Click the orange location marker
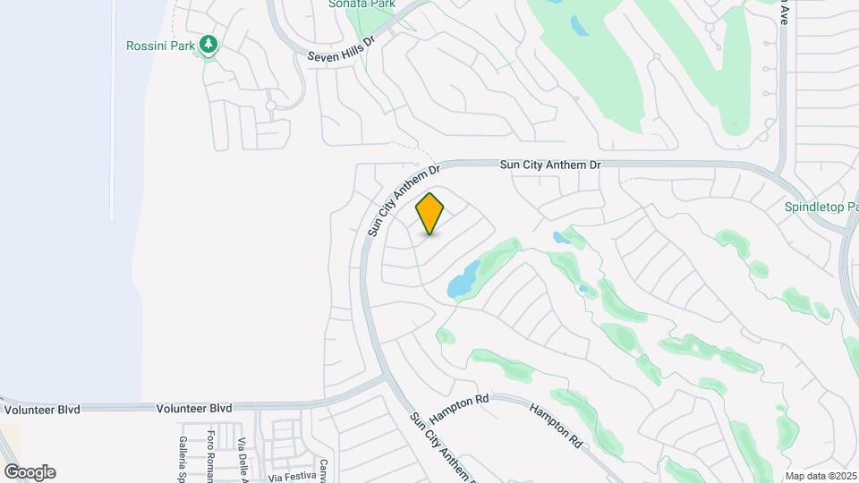tap(430, 213)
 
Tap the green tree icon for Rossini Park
tap(208, 44)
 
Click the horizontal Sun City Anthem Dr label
tap(549, 165)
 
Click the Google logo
tap(30, 472)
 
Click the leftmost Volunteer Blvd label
tap(42, 410)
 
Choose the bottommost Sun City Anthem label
tap(441, 445)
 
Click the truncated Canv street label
tap(324, 470)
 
